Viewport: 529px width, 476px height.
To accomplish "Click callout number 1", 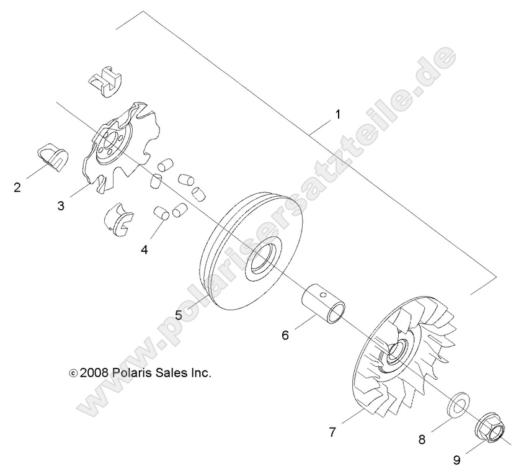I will tap(338, 115).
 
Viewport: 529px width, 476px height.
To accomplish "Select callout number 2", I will tap(17, 186).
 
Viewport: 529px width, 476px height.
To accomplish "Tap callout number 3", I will tap(61, 205).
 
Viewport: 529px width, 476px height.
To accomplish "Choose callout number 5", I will tap(179, 315).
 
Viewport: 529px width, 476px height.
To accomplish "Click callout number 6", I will tap(285, 335).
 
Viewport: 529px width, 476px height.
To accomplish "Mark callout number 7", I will tap(332, 433).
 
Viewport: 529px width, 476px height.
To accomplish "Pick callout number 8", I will tap(422, 440).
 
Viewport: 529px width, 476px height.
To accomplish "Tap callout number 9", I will tap(456, 460).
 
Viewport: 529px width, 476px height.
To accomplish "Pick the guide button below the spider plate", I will tap(119, 220).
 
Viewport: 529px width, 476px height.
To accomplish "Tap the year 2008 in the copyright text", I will tap(95, 373).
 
